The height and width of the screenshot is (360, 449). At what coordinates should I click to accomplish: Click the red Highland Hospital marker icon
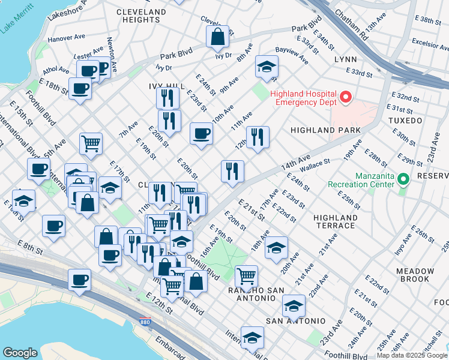click(345, 97)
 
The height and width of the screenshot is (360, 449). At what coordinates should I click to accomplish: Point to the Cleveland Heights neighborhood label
click(141, 16)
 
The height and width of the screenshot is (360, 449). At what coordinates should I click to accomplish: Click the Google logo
click(20, 353)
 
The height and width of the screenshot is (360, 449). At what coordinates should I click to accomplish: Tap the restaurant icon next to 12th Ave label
click(258, 137)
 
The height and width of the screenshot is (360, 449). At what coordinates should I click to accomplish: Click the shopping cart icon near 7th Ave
click(91, 143)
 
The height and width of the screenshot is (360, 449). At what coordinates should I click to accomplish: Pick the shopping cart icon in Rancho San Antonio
click(246, 276)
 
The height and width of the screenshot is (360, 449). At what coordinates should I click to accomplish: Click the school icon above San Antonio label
click(294, 305)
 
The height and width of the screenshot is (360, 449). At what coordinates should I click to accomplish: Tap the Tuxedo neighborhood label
click(423, 120)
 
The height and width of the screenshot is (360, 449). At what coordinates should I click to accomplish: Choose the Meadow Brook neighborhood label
click(415, 275)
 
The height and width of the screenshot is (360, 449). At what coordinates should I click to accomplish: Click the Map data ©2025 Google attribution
click(412, 355)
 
